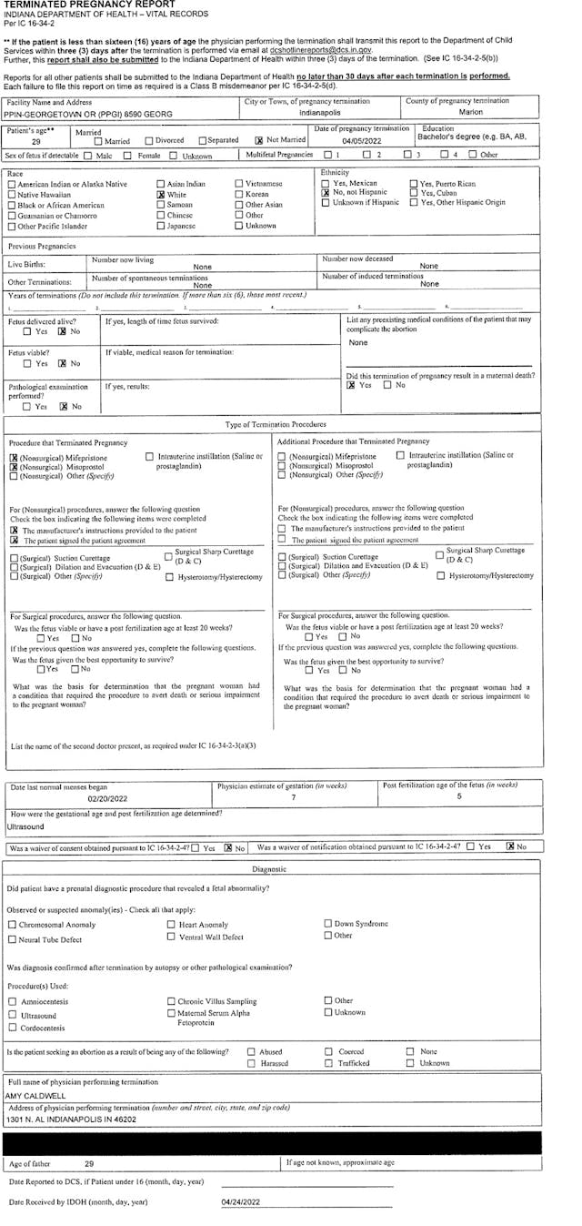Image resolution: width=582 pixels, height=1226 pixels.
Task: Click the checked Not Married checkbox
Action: (x=259, y=141)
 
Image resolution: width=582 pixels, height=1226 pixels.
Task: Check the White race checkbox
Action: (x=161, y=194)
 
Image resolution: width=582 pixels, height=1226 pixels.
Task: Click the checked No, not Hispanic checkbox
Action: (x=325, y=193)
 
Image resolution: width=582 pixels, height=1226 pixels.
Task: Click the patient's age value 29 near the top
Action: (x=36, y=142)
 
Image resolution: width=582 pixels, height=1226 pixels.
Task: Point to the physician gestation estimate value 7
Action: (x=294, y=797)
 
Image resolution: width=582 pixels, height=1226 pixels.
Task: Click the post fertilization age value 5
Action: (x=459, y=797)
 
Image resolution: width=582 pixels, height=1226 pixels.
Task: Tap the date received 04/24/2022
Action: (x=241, y=1202)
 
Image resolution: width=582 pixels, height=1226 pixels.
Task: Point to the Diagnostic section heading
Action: (x=270, y=869)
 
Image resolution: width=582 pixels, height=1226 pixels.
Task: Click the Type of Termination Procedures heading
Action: (x=275, y=424)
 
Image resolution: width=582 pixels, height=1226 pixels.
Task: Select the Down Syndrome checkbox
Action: (x=327, y=924)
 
